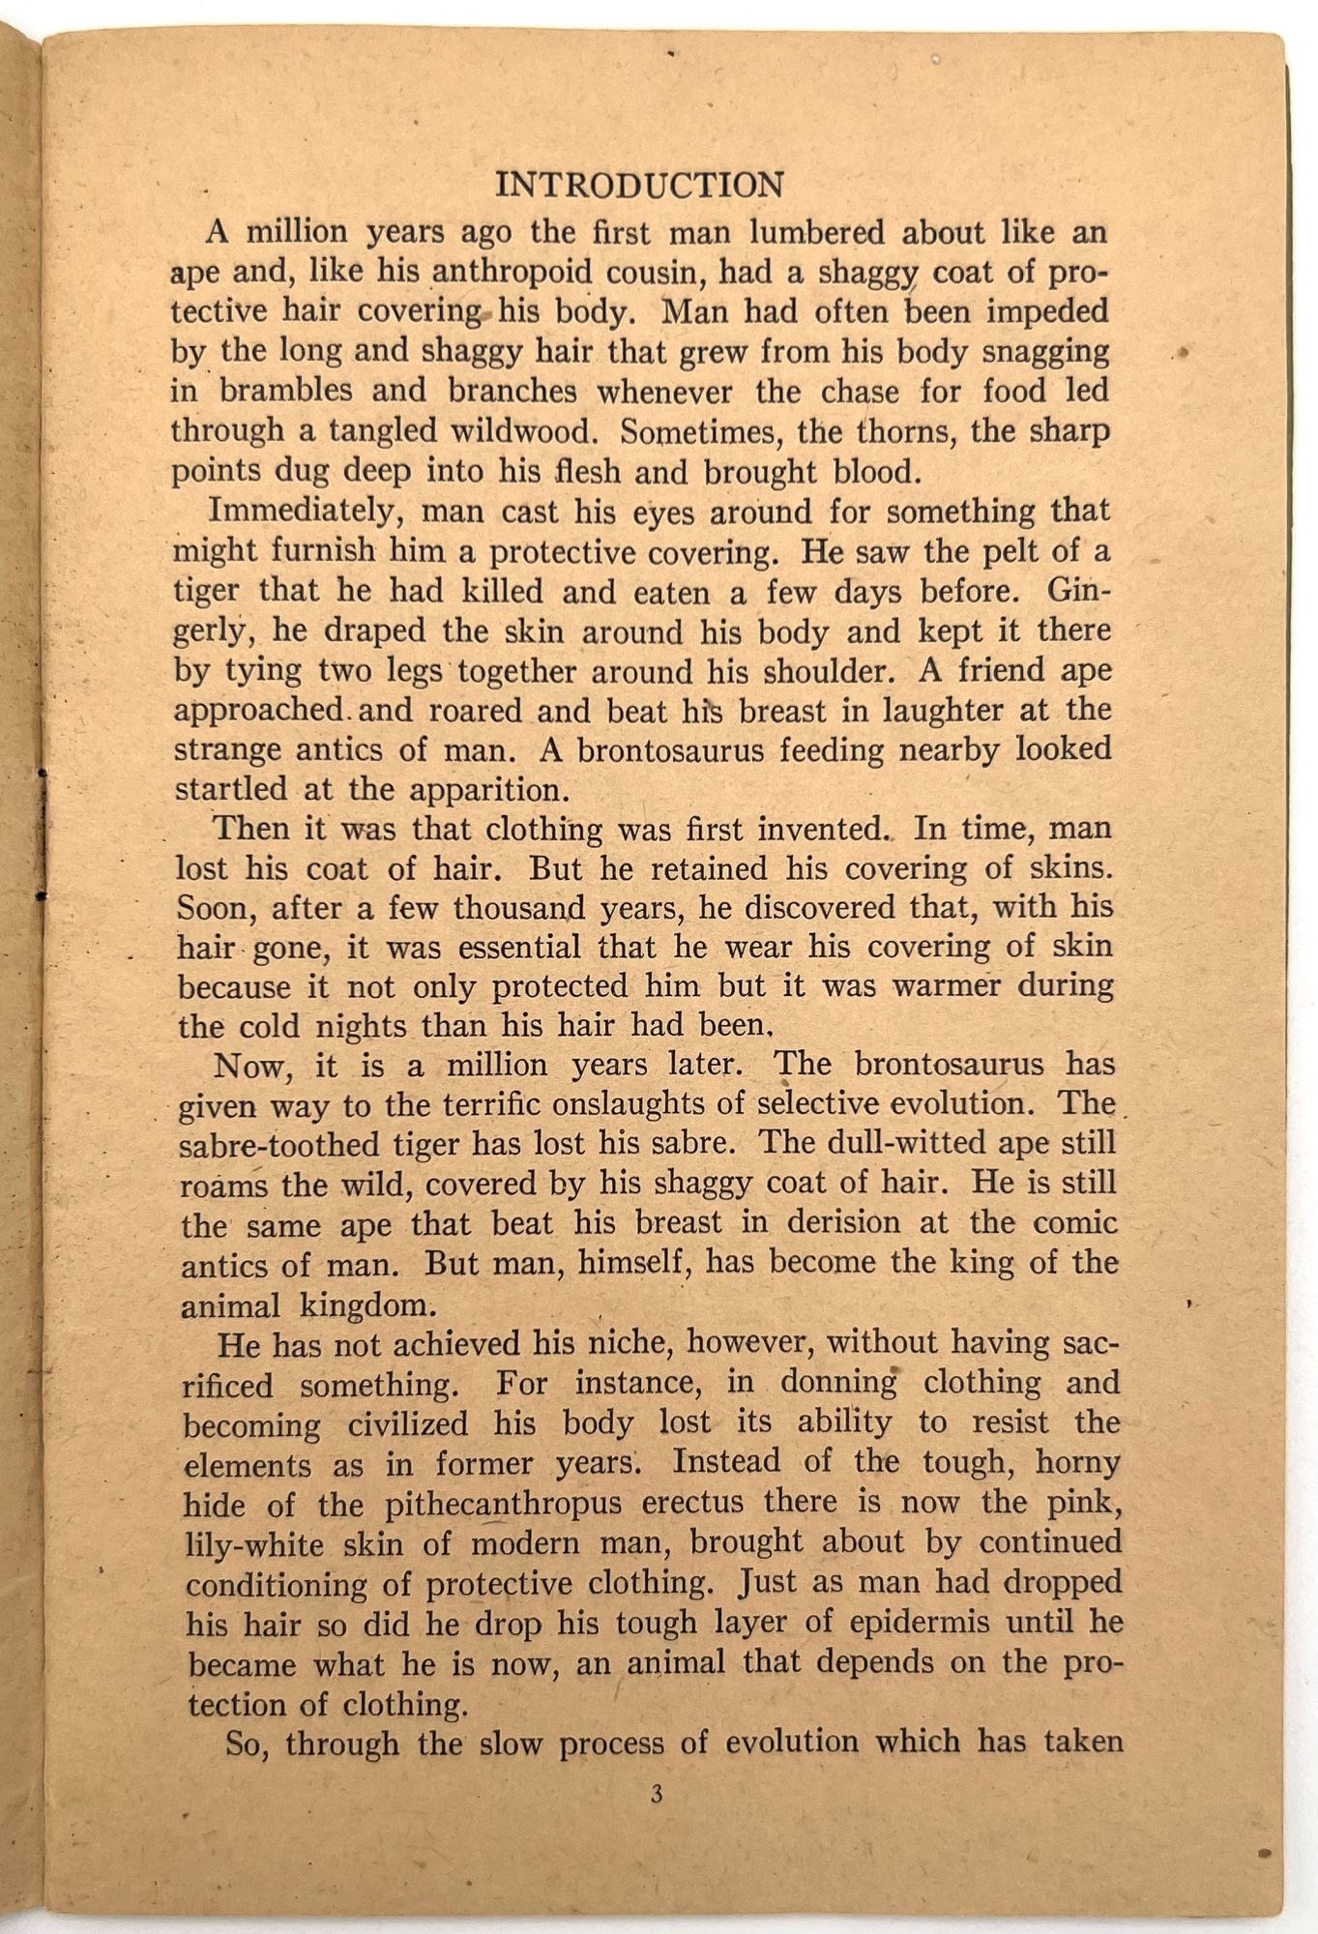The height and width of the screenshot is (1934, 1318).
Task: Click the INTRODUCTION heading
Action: click(x=639, y=185)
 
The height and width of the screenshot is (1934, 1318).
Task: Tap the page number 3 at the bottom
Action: click(x=657, y=1794)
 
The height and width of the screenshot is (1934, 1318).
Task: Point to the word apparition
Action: click(x=488, y=789)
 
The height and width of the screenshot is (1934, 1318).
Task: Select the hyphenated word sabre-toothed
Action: click(x=281, y=1145)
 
